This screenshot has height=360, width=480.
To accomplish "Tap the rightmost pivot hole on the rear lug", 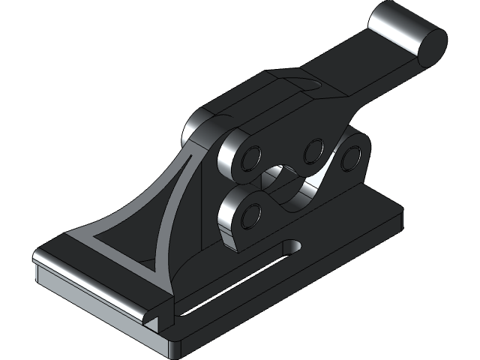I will [349, 157].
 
